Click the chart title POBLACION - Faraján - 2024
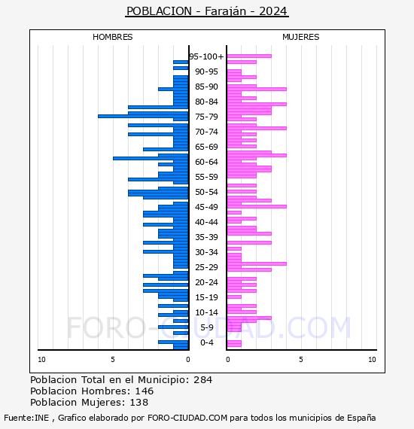[206, 11]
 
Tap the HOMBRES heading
[112, 37]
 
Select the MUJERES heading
[301, 37]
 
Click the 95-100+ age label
[206, 56]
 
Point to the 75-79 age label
[206, 117]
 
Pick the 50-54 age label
[206, 192]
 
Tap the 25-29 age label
[206, 267]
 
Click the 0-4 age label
[206, 342]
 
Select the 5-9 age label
[206, 327]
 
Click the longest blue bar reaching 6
[143, 116]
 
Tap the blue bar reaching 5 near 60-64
[151, 158]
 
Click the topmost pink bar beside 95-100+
[249, 56]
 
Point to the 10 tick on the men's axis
[41, 360]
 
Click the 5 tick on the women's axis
[301, 360]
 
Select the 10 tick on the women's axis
[372, 360]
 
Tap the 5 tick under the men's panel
[113, 360]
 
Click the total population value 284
[202, 380]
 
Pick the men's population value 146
[145, 391]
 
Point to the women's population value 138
[139, 403]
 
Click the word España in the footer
[361, 418]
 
